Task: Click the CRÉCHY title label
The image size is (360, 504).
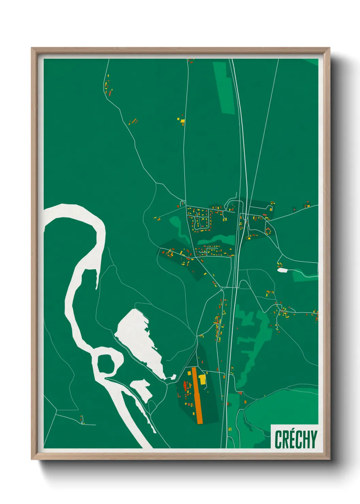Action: [x=295, y=439]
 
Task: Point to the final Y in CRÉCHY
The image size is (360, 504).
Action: [x=313, y=439]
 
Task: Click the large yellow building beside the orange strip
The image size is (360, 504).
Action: [x=203, y=379]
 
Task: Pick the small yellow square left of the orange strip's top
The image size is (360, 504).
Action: [x=189, y=373]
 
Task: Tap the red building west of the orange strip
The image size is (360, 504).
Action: [x=185, y=386]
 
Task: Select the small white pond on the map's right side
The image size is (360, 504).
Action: [x=282, y=270]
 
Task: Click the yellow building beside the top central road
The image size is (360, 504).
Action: [x=182, y=120]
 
